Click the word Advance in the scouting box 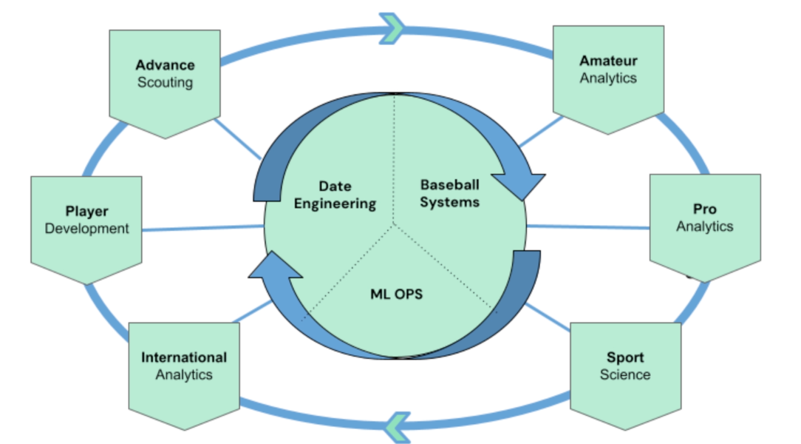coord(165,65)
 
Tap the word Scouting coord(165,82)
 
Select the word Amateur coord(608,61)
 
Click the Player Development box coord(86,222)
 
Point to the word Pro coord(704,209)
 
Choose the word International coord(184,357)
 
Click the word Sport coord(625,358)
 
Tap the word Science coord(625,374)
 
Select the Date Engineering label coord(335,195)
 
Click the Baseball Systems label coord(450,192)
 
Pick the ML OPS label coord(397,294)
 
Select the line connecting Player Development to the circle coord(203,229)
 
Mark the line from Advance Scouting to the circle coord(239,139)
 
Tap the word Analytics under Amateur coord(608,78)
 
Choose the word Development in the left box coord(86,229)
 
